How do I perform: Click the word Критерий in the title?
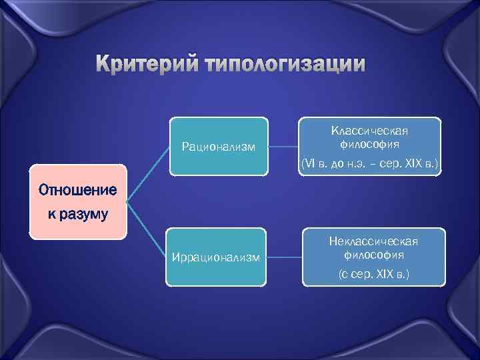pyautogui.click(x=147, y=65)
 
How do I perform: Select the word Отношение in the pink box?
pyautogui.click(x=77, y=190)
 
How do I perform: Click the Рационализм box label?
pyautogui.click(x=218, y=147)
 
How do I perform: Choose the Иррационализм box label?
pyautogui.click(x=216, y=258)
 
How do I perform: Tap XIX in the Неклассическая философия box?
pyautogui.click(x=386, y=274)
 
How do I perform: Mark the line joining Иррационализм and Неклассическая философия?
pyautogui.click(x=283, y=257)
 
